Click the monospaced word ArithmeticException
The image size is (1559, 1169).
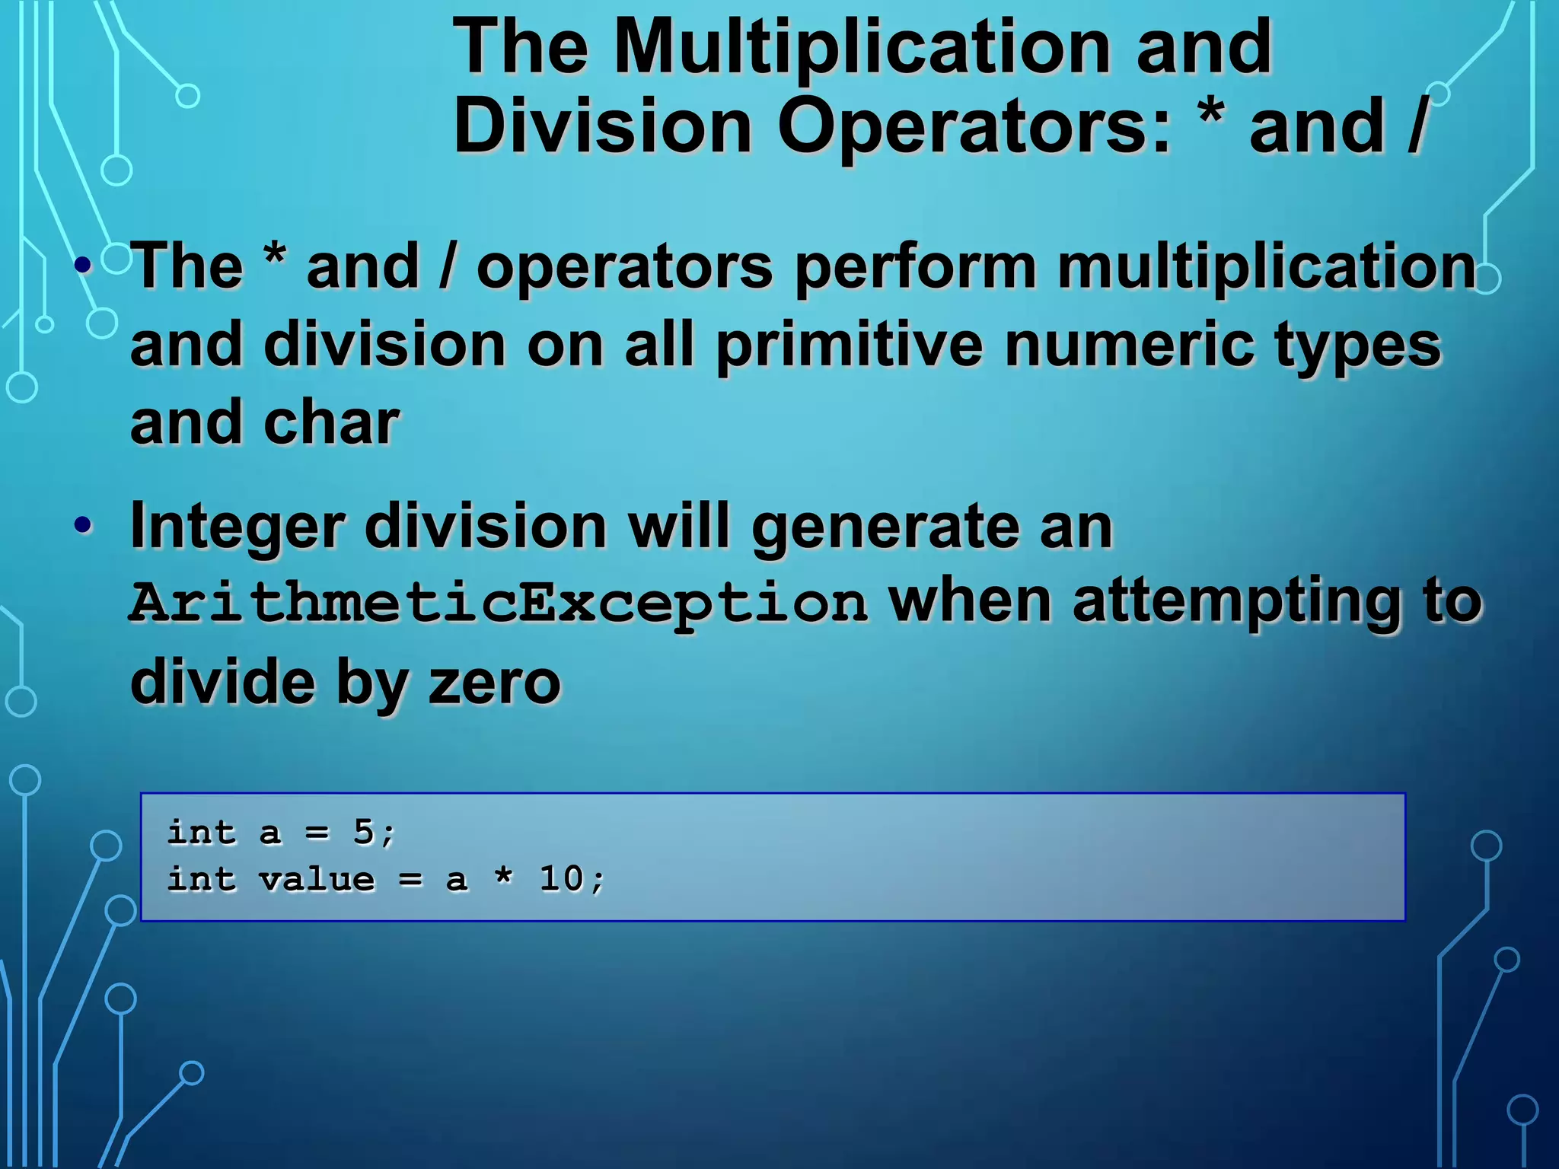pyautogui.click(x=499, y=603)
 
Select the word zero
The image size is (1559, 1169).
pyautogui.click(x=495, y=682)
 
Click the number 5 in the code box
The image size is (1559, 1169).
pyautogui.click(x=363, y=832)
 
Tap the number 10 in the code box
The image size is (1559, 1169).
pyautogui.click(x=561, y=879)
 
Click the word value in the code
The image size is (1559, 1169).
pyautogui.click(x=317, y=880)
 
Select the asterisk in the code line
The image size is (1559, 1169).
pyautogui.click(x=503, y=877)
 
